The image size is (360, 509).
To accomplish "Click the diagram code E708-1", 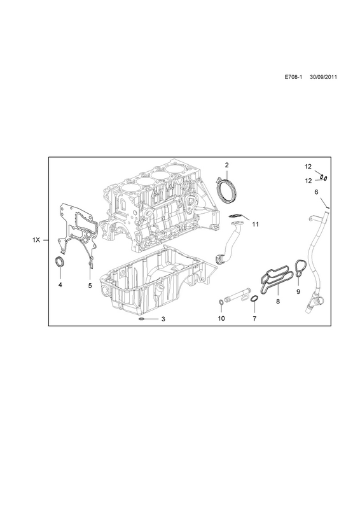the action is (293, 77).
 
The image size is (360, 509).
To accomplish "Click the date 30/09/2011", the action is (323, 77).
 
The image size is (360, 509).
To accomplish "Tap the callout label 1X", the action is (36, 241).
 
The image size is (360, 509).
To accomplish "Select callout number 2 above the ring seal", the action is (226, 165).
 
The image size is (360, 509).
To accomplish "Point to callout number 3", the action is (163, 319).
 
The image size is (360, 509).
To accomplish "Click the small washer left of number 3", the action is (142, 319).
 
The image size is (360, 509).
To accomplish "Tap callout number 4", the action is (60, 285).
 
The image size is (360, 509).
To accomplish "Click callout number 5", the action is (90, 285).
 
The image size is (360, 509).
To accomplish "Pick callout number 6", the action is (317, 192).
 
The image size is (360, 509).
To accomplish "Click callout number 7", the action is (254, 319).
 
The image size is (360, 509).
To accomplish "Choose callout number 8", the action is (278, 301).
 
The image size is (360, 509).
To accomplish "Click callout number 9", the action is (298, 292).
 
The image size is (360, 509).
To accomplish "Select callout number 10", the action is (221, 319).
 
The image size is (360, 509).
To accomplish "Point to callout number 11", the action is (256, 225).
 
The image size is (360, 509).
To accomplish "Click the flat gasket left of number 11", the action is (234, 216).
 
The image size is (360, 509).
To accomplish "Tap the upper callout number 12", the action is (308, 167).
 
